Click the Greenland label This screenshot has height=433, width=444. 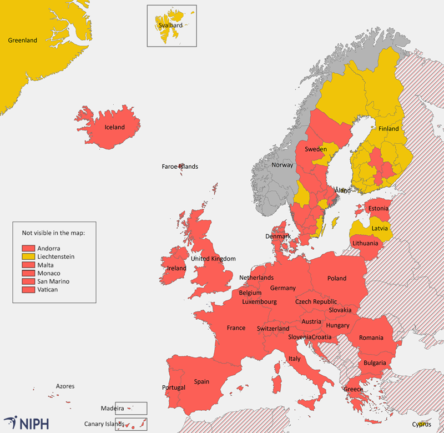pyautogui.click(x=23, y=41)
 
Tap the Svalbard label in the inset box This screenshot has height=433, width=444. pyautogui.click(x=169, y=26)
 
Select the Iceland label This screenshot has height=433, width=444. pyautogui.click(x=115, y=127)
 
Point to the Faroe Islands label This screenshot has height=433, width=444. pyautogui.click(x=180, y=167)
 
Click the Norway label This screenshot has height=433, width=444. pyautogui.click(x=282, y=165)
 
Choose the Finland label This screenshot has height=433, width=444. pyautogui.click(x=389, y=129)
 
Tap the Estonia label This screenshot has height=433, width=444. pyautogui.click(x=379, y=209)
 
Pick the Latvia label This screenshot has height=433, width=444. pyautogui.click(x=380, y=228)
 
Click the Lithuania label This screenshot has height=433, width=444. pyautogui.click(x=365, y=243)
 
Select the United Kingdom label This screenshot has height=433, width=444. pyautogui.click(x=213, y=259)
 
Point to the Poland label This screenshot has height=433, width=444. pyautogui.click(x=337, y=278)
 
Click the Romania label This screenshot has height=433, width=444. pyautogui.click(x=371, y=338)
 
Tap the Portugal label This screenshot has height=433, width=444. pyautogui.click(x=174, y=387)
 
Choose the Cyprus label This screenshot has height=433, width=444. pyautogui.click(x=421, y=425)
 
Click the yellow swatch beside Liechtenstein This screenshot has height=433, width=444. pyautogui.click(x=28, y=256)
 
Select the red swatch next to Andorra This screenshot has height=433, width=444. pyautogui.click(x=28, y=248)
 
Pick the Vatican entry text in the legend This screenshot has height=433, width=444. pyautogui.click(x=48, y=289)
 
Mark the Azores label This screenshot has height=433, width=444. pyautogui.click(x=65, y=386)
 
